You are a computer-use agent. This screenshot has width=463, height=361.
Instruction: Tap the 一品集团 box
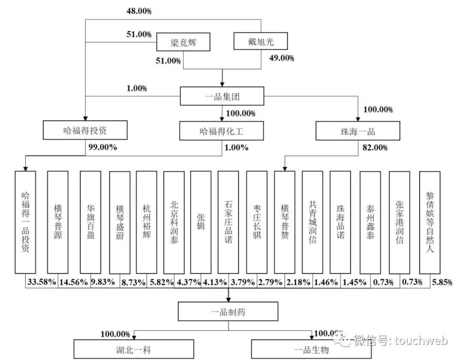(222, 96)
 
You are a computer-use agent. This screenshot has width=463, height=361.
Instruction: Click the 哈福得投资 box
(85, 130)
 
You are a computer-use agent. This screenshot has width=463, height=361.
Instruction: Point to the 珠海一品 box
(358, 130)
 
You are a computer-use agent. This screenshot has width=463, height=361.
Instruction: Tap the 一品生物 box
(312, 350)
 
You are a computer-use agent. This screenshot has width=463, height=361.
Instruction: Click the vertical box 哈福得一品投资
(25, 222)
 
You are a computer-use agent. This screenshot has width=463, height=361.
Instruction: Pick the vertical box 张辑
(201, 222)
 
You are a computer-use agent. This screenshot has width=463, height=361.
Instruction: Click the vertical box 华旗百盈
(90, 222)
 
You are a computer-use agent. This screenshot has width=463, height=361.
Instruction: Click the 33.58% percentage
(42, 282)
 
